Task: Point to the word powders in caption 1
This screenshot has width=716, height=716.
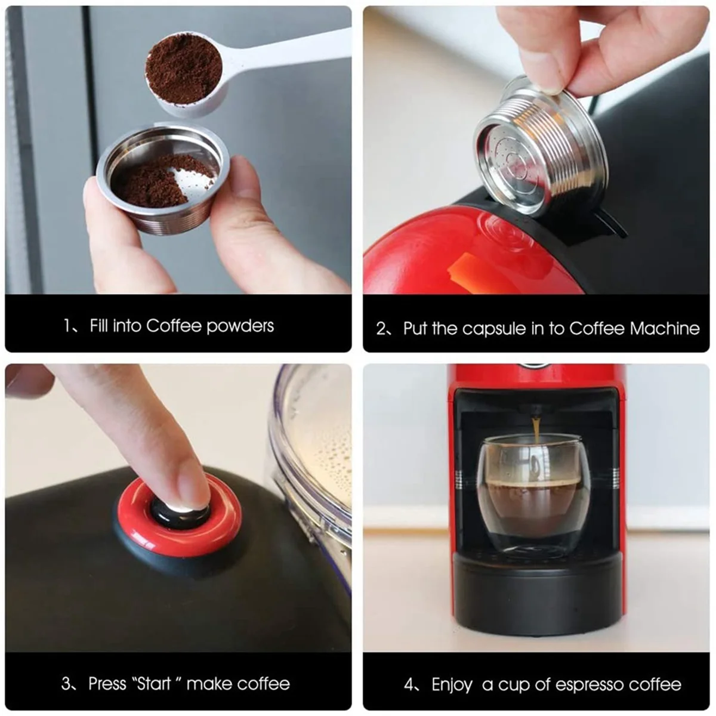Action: (240, 326)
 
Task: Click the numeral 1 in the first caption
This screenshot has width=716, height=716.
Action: (67, 326)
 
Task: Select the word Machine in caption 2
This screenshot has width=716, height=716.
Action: (664, 328)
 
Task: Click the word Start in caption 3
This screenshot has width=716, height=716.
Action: (153, 683)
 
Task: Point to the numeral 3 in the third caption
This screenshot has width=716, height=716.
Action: (66, 683)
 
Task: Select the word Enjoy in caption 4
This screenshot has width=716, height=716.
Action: (452, 684)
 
